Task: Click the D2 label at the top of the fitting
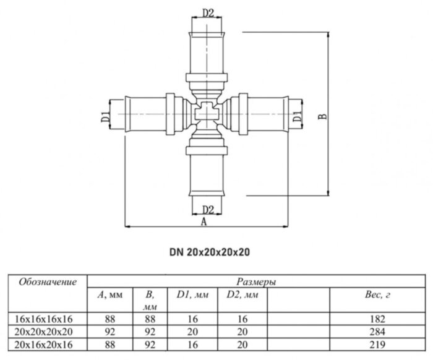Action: click(x=208, y=12)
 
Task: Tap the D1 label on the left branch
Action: click(x=106, y=114)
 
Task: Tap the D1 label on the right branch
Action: click(x=298, y=114)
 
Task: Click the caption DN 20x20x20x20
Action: click(x=209, y=252)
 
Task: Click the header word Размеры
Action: click(x=255, y=282)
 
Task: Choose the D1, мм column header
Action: click(x=188, y=295)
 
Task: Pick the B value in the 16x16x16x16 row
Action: click(x=148, y=319)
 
